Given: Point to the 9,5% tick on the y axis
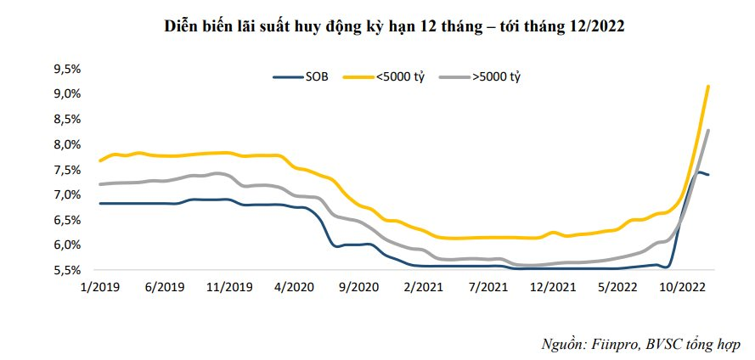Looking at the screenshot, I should click(x=65, y=69).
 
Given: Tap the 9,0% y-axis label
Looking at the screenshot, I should click(x=65, y=93).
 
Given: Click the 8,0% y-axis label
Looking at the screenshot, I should click(x=65, y=144).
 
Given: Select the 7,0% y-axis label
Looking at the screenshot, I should click(x=65, y=194).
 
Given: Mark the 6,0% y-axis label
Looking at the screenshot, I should click(x=65, y=245).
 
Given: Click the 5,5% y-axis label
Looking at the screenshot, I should click(x=65, y=270).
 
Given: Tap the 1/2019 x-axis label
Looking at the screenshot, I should click(x=99, y=287).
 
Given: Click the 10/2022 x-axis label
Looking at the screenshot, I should click(x=679, y=287).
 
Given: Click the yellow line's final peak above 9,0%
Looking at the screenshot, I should click(x=708, y=87).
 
